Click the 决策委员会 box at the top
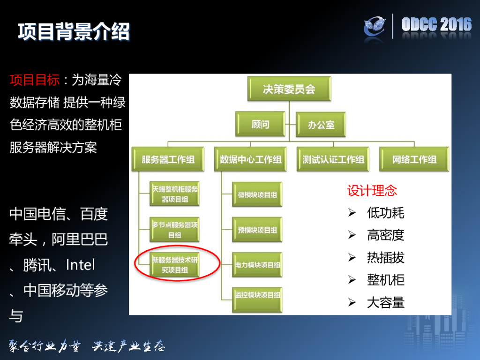tap(289, 90)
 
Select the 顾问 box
tap(261, 125)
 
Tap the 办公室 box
tap(321, 125)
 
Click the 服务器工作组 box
tap(168, 159)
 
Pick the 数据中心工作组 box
tap(251, 159)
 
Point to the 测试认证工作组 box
tap(333, 159)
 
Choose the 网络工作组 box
tap(414, 159)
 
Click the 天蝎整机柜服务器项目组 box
tap(174, 194)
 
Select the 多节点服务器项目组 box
tap(174, 230)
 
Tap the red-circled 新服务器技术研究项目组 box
tap(174, 265)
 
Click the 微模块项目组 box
tap(257, 195)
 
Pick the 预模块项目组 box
tap(257, 230)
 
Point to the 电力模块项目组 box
tap(257, 265)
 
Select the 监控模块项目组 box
tap(257, 295)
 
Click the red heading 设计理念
tap(372, 191)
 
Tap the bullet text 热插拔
tap(385, 258)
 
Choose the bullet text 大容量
tap(385, 303)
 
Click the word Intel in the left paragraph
tap(80, 265)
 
